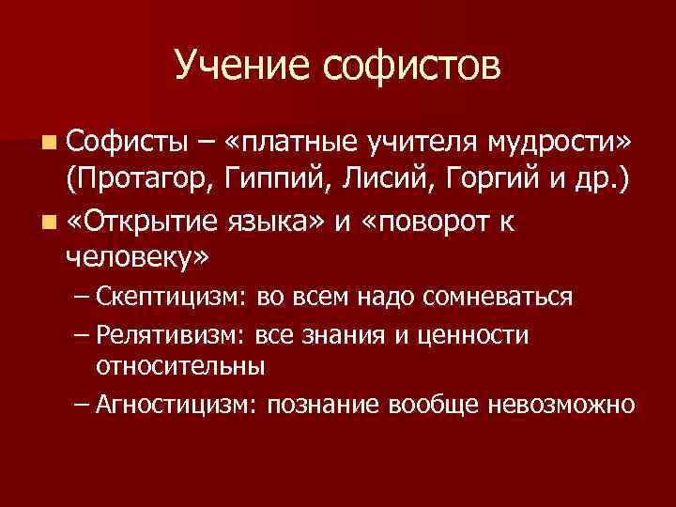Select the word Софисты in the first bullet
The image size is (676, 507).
(119, 142)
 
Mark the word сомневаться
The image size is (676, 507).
(503, 298)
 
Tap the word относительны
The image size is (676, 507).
(179, 364)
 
